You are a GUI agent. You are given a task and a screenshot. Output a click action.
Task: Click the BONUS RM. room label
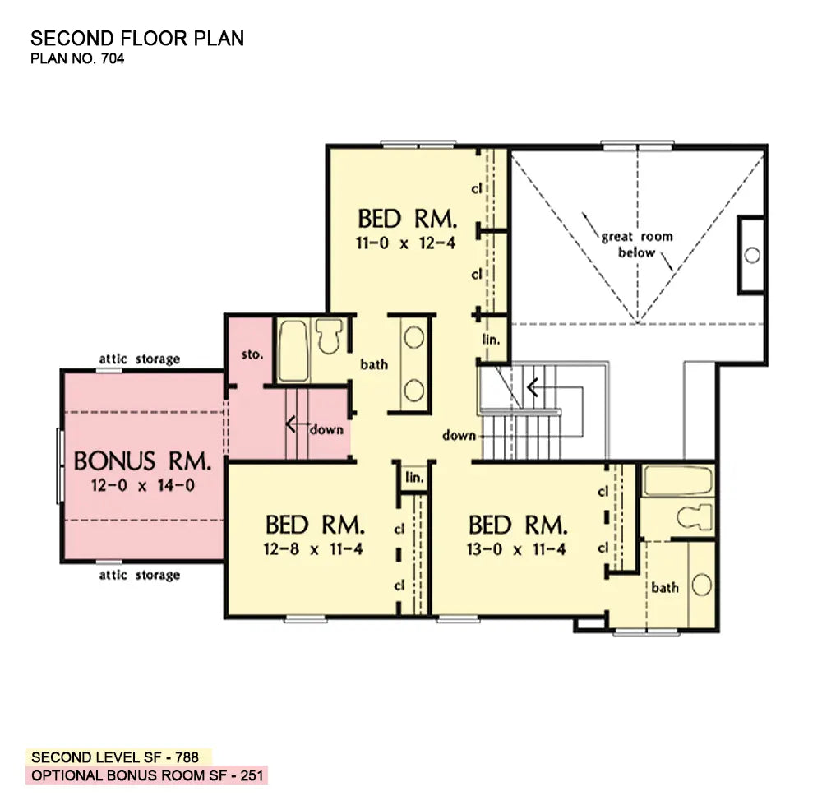point(142,461)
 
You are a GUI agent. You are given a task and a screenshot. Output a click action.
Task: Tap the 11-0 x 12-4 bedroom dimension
point(406,243)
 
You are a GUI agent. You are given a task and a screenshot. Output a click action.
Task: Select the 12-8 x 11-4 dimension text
point(313,549)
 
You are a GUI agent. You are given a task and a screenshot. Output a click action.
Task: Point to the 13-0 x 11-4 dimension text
point(516,549)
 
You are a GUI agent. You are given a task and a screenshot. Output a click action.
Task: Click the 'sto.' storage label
point(252,354)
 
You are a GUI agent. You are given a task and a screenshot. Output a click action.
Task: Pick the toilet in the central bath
point(329,336)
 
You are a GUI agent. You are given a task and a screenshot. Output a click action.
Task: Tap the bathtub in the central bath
point(293,350)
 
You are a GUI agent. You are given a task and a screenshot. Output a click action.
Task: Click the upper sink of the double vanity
point(414,337)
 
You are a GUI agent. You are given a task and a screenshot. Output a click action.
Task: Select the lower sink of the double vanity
point(414,391)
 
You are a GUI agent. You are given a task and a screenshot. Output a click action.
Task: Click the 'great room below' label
point(637,244)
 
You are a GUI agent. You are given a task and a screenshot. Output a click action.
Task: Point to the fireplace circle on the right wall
point(752,256)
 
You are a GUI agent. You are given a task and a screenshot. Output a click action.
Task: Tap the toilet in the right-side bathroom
point(694,516)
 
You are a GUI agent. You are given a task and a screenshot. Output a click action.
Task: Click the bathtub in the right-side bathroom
point(678,481)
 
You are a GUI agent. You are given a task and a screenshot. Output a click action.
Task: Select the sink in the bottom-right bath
point(701,585)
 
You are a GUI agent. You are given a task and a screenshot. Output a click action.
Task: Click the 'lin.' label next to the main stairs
point(492,340)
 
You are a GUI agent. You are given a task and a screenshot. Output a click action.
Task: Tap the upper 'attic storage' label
point(140,359)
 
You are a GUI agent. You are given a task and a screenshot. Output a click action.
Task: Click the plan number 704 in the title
point(113,58)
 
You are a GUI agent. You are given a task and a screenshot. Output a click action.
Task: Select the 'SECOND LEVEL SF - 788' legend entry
point(115,757)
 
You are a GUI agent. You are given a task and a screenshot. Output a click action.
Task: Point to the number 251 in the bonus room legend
point(252,775)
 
